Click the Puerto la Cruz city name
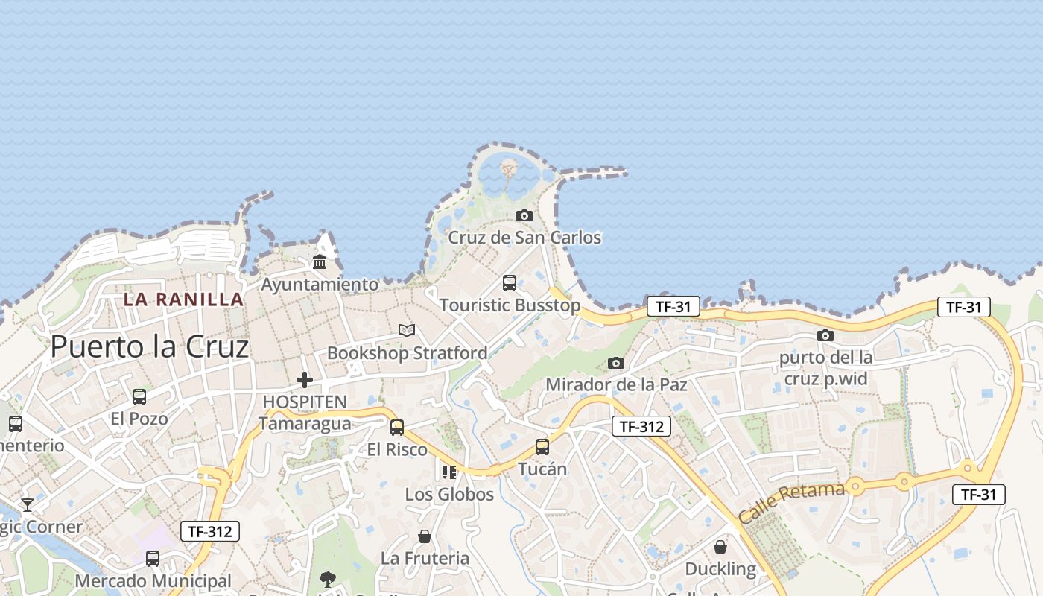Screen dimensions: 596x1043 coord(149,347)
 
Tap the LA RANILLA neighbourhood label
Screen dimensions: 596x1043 coord(183,299)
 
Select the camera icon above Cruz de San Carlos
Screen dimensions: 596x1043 coord(524,216)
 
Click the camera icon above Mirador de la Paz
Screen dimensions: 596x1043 coord(615,363)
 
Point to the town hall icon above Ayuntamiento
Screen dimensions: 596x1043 coord(320,261)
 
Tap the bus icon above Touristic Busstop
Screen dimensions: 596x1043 coord(510,283)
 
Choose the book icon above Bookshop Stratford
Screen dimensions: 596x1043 coord(406,330)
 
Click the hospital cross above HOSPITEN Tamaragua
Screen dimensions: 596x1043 coord(304,380)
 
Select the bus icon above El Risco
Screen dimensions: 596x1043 coord(397,428)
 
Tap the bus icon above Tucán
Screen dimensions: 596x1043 coord(542,447)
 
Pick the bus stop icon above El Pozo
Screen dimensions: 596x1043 coord(139,397)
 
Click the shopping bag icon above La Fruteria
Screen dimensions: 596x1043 coord(425,536)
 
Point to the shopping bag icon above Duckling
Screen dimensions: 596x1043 coord(720,548)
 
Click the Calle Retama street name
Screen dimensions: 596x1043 coord(791,502)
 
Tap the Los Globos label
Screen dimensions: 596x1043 coord(449,494)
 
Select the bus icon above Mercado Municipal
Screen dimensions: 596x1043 coord(153,559)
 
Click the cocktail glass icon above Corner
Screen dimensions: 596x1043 coord(28,505)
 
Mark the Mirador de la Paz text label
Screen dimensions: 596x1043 coord(616,384)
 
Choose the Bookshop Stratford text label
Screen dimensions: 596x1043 coord(408,352)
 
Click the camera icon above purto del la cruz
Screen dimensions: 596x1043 coord(825,336)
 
